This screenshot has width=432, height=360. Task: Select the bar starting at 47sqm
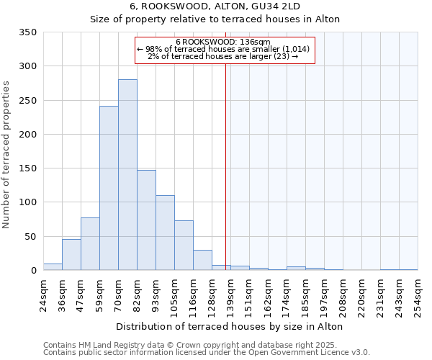pyautogui.click(x=90, y=244)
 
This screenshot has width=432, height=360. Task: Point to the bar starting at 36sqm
pyautogui.click(x=71, y=255)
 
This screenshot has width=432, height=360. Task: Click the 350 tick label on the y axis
pyautogui.click(x=28, y=32)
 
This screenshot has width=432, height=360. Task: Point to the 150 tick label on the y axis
pyautogui.click(x=28, y=168)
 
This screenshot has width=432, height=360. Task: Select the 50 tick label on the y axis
pyautogui.click(x=31, y=236)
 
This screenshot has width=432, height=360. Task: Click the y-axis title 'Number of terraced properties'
pyautogui.click(x=7, y=155)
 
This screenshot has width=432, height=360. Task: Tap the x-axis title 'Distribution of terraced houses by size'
pyautogui.click(x=229, y=326)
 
